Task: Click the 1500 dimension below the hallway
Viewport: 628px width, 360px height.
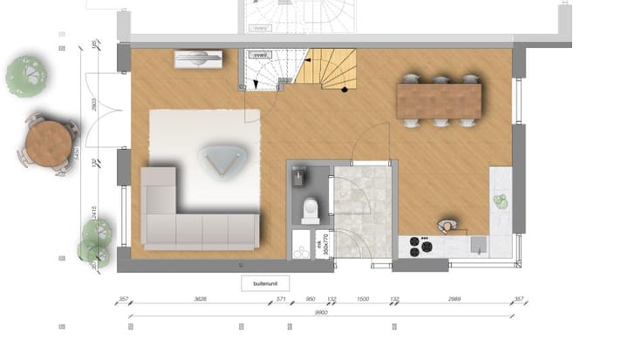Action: coord(364,299)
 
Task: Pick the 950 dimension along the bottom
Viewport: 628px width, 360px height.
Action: coord(310,299)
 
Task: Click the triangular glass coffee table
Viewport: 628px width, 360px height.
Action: coord(222,160)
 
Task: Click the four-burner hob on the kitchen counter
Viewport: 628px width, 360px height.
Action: coord(421,246)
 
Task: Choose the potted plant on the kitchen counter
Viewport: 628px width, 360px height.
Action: coord(501,201)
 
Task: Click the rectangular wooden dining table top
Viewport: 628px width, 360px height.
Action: coord(440,100)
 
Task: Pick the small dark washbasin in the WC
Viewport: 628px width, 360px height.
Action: coord(300,178)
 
